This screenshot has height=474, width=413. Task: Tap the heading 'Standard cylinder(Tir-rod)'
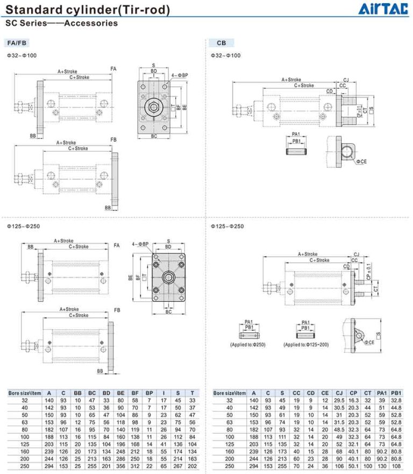[x=88, y=10]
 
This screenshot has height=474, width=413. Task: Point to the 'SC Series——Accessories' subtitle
[x=61, y=23]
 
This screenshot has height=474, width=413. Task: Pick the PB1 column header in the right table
[x=397, y=393]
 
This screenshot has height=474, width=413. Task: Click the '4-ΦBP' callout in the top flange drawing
[x=180, y=75]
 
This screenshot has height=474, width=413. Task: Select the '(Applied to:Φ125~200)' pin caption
[x=306, y=344]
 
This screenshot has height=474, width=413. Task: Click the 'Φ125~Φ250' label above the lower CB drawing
[x=227, y=226]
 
